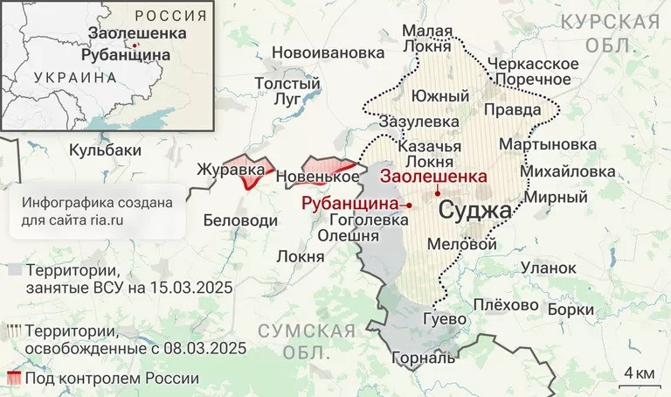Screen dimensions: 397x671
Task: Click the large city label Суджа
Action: click(475, 211)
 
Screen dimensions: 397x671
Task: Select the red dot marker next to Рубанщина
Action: click(409, 203)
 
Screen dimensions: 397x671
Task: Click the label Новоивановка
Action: click(328, 52)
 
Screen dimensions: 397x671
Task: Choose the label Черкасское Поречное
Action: click(533, 72)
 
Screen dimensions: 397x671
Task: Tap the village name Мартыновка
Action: click(548, 143)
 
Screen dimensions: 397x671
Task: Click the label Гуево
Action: click(445, 319)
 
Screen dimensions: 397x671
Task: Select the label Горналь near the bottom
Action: click(424, 358)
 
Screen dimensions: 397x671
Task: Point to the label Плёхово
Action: click(506, 305)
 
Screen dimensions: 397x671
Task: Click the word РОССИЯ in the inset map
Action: click(171, 16)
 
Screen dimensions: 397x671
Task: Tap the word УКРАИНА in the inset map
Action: click(74, 77)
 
